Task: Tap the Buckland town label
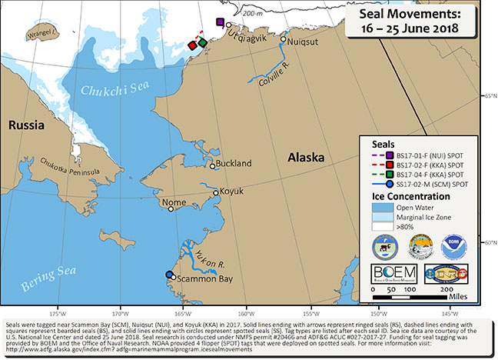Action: pos(235,164)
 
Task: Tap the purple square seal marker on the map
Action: pos(221,23)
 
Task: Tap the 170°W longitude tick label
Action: pos(120,314)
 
